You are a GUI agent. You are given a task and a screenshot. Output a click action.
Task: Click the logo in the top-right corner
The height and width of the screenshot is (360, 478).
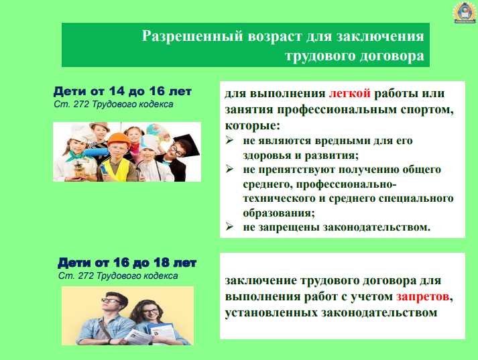point(464,13)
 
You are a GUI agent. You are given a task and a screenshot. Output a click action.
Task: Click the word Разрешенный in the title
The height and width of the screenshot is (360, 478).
point(192,36)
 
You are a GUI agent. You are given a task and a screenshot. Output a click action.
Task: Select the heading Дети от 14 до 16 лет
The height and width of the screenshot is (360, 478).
point(123,91)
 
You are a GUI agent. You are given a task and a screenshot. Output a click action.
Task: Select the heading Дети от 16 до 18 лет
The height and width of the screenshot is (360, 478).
point(127,262)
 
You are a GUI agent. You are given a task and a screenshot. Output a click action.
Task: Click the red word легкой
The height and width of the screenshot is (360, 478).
point(350,93)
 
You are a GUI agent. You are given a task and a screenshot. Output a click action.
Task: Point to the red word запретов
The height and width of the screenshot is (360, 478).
point(422,296)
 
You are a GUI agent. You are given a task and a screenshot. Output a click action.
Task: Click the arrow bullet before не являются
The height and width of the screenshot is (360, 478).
point(229,140)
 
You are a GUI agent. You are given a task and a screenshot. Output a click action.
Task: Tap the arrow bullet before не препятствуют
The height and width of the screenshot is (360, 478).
point(229,169)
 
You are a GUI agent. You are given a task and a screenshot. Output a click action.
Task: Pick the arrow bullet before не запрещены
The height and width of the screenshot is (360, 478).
point(229,227)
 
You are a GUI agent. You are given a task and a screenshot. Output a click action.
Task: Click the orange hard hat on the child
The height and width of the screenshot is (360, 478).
point(119,139)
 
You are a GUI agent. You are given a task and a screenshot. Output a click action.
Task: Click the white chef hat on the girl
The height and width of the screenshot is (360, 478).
point(77,133)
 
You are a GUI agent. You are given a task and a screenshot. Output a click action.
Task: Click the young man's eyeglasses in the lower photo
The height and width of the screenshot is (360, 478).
point(111,300)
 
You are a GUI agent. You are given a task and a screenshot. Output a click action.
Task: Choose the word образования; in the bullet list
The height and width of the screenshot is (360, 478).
point(279,213)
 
